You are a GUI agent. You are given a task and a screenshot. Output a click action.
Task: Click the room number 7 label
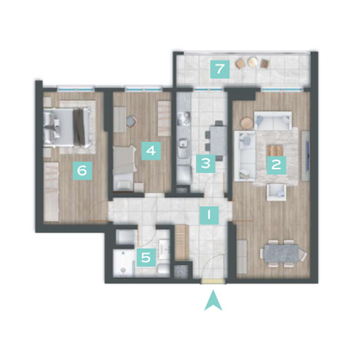point(220,69)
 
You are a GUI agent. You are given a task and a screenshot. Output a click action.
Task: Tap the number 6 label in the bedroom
point(83,171)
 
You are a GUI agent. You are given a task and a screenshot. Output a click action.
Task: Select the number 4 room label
point(151,151)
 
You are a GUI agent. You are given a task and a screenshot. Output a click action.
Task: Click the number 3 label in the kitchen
point(205,163)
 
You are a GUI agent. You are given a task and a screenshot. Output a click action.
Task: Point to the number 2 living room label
point(277,165)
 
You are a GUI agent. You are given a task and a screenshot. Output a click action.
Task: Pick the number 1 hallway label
point(209,215)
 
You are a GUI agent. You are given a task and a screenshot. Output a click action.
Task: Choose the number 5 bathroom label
point(146,258)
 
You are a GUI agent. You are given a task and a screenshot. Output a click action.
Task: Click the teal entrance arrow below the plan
point(213,300)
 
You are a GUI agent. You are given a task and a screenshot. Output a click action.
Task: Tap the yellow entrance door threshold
point(213,281)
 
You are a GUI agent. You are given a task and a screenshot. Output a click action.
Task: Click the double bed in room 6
point(68,128)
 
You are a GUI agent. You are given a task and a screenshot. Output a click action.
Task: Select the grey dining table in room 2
point(282,253)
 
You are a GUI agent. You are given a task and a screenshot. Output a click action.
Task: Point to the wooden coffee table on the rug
point(274,150)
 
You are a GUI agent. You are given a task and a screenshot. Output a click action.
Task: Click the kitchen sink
point(183,144)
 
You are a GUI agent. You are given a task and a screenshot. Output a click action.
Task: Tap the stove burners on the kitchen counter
point(182,119)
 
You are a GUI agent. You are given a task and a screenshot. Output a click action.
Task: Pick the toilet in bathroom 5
point(163,269)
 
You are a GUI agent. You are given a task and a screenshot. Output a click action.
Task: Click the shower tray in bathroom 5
point(123,263)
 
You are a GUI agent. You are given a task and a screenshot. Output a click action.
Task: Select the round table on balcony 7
point(253,62)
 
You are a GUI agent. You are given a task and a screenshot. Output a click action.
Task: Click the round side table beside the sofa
point(247,123)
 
